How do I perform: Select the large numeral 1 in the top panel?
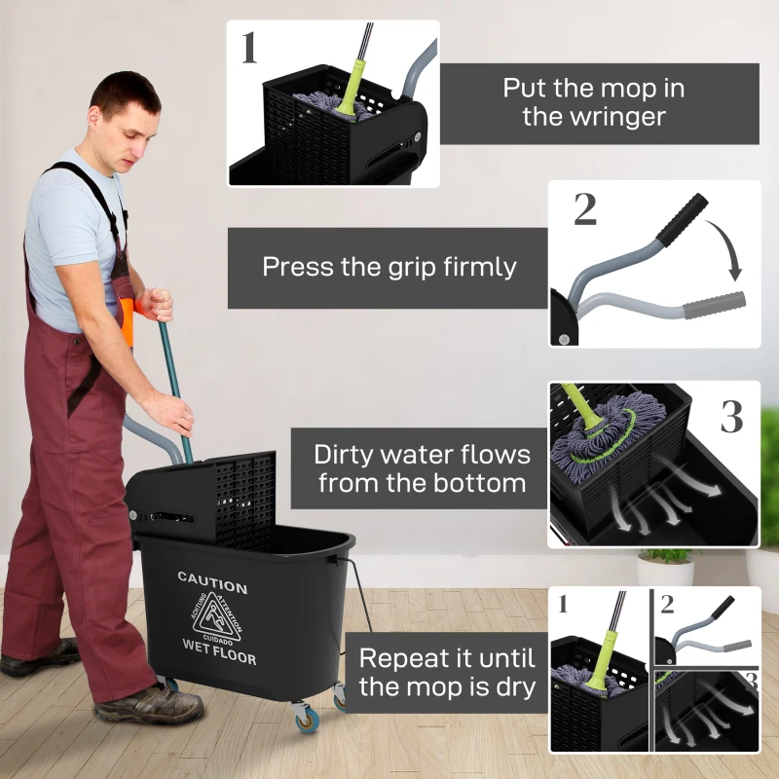(x=249, y=48)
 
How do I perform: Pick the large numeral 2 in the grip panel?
(x=584, y=210)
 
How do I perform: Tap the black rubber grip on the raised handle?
(x=681, y=219)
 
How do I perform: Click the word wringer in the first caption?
(x=594, y=118)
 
